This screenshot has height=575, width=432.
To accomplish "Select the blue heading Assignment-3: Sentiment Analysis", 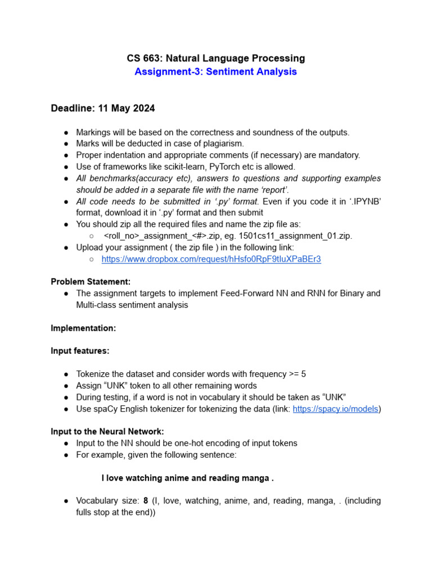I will click(215, 72).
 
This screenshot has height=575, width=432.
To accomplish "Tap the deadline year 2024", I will click(143, 108).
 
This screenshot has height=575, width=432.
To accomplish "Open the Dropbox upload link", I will click(211, 259).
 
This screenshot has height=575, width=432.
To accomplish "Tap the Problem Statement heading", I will click(91, 282).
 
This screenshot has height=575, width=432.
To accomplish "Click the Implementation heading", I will click(83, 328).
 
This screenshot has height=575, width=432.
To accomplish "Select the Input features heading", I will click(80, 351).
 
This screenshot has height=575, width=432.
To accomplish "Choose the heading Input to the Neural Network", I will click(107, 431).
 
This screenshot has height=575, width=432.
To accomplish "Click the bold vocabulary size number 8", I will click(145, 500).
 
